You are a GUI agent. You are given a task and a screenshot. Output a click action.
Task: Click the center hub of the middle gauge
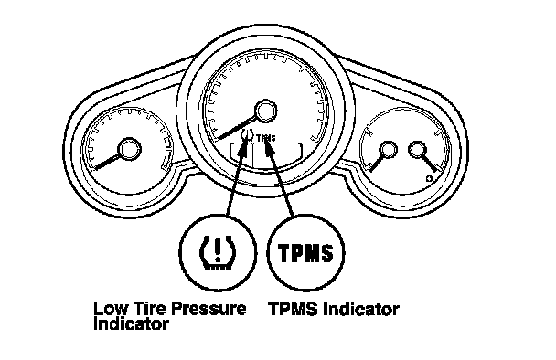point(265,111)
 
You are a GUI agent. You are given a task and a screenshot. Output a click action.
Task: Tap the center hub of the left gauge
point(129,149)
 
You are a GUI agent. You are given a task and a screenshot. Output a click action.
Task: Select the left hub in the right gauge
point(389,149)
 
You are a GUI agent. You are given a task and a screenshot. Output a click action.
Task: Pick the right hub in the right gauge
point(417,149)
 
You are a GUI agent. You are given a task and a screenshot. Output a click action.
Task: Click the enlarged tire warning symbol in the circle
point(218,252)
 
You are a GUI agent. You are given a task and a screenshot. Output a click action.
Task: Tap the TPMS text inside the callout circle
point(305,252)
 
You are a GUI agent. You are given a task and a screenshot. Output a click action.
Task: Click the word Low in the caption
point(111,309)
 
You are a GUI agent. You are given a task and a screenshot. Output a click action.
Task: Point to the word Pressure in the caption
point(210,309)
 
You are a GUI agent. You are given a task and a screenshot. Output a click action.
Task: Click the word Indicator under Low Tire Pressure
point(131,323)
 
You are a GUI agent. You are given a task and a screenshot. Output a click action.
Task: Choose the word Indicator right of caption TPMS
point(361,309)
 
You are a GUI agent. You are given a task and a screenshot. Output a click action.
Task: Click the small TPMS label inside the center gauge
point(265,137)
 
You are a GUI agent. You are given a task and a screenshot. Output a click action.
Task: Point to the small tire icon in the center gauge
point(248,135)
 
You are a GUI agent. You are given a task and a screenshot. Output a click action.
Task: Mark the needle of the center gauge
point(237,127)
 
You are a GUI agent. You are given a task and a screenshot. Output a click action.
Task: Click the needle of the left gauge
point(106,162)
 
